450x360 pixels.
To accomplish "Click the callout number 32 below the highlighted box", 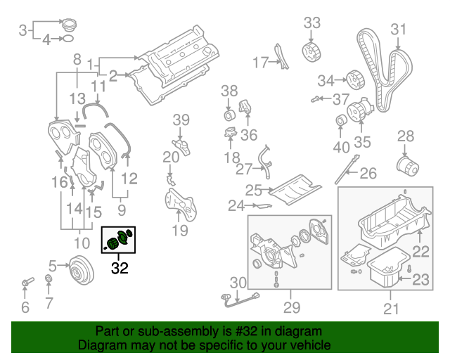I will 120,267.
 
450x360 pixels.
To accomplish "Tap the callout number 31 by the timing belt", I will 399,29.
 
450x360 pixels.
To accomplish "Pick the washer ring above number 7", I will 48,282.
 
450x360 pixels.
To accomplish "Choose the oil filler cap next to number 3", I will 68,26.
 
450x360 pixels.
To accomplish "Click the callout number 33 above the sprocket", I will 311,23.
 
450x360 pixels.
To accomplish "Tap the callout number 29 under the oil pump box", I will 291,307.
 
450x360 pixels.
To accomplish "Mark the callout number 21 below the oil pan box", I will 390,307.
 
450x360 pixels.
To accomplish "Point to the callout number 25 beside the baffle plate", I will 253,190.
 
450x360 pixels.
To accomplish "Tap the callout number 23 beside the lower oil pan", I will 420,280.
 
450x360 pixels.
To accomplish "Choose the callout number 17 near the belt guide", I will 260,63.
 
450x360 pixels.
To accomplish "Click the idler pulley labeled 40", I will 341,124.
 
